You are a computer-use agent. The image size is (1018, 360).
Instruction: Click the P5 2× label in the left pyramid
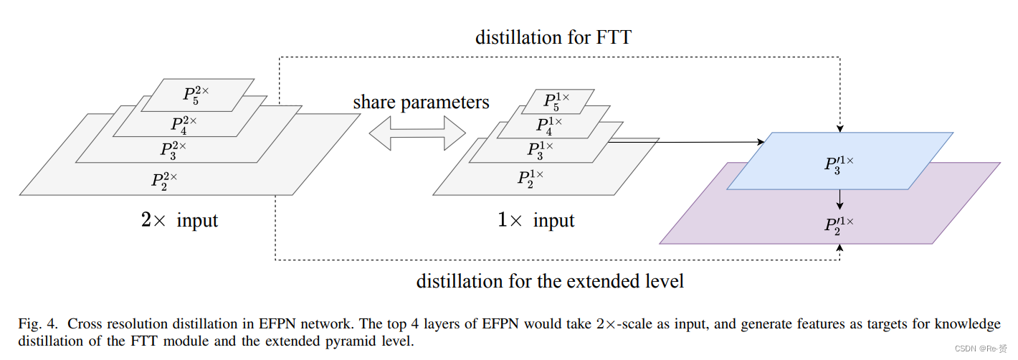196,95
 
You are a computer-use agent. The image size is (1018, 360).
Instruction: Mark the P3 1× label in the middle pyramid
541,149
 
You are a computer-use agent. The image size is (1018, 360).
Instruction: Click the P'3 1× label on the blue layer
839,163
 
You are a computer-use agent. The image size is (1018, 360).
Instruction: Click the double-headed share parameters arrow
417,133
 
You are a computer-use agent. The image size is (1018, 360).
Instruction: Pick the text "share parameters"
421,103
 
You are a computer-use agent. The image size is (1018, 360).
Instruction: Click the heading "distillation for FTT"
553,37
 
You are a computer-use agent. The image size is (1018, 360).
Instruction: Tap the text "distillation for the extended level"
550,280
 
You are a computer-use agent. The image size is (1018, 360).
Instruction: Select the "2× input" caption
179,219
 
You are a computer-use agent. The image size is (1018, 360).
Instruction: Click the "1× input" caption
536,219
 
